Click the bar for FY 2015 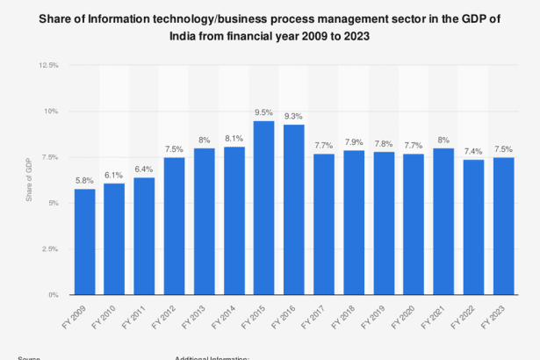point(263,208)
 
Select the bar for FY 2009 point(84,241)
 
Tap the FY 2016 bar point(293,210)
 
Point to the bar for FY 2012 point(174,226)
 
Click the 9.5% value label point(263,112)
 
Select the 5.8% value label point(84,180)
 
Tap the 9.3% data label point(293,116)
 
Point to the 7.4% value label point(473,151)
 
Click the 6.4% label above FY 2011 point(144,169)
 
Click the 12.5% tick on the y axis point(48,66)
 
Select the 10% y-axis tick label point(51,112)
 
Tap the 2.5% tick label point(50,249)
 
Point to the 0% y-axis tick point(53,295)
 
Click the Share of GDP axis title point(29,181)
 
